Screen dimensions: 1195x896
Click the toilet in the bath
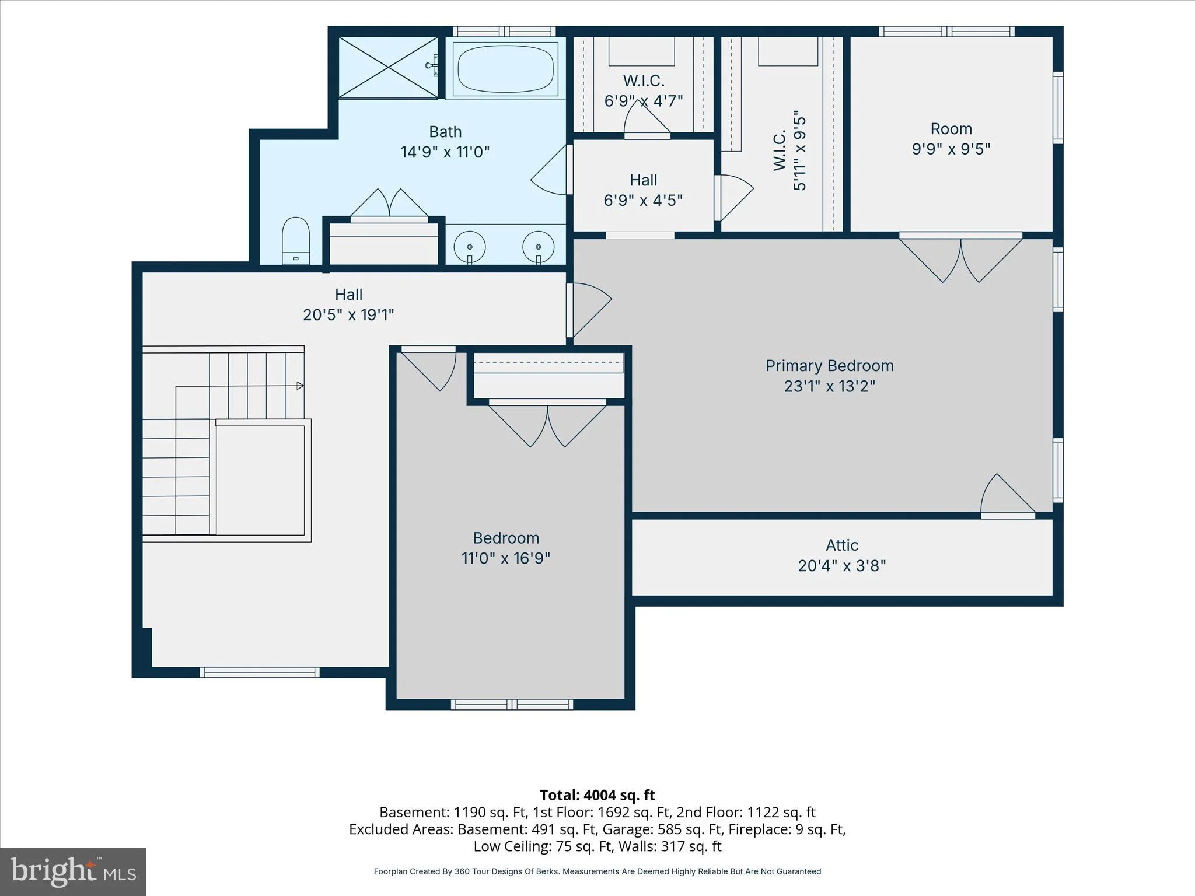tap(295, 241)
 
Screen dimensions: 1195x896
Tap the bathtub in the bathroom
tap(505, 69)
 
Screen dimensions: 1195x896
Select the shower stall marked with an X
tap(388, 67)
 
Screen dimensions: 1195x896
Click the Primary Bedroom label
tap(829, 366)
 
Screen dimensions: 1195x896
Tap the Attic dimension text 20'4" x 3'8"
tap(842, 565)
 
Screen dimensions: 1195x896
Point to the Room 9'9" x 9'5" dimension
tap(951, 149)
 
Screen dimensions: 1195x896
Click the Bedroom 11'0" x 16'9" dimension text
tap(506, 558)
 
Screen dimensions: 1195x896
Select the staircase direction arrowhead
tap(301, 386)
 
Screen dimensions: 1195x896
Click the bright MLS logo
tap(73, 871)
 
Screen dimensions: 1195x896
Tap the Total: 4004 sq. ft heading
tap(597, 795)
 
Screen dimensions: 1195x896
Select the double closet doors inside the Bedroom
tap(547, 424)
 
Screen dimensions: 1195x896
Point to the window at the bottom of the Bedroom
tap(512, 705)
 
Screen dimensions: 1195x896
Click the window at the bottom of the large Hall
tap(260, 673)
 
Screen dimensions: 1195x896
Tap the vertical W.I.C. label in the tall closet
tap(780, 150)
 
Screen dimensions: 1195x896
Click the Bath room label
tap(445, 132)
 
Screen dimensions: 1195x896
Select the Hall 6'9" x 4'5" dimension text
tap(643, 200)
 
